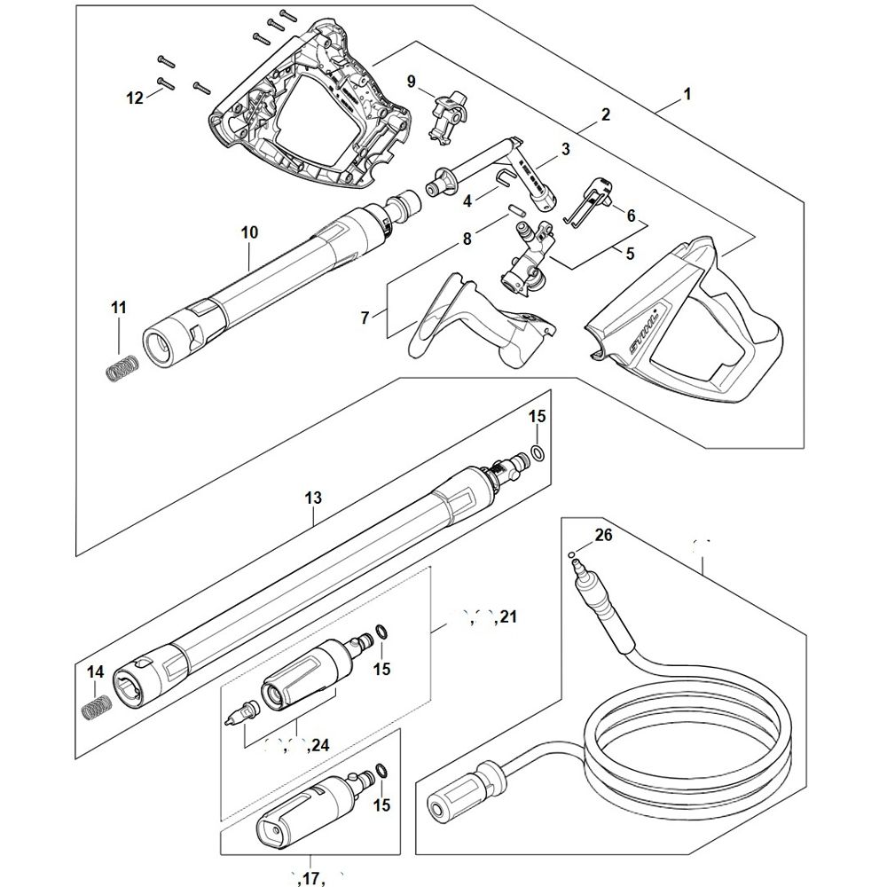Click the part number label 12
coord(134,98)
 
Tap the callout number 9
coord(411,81)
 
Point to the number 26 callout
coord(603,535)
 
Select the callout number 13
coord(312,499)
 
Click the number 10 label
coord(249,232)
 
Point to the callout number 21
coord(507,615)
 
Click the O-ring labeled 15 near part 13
coord(536,455)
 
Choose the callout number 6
coord(631,215)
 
